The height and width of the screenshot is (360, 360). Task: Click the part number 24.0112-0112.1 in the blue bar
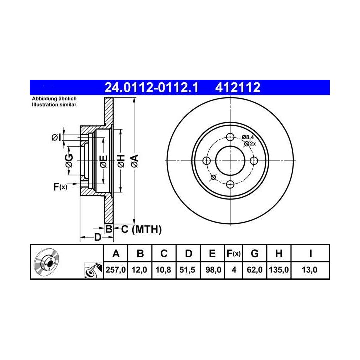[x=151, y=88]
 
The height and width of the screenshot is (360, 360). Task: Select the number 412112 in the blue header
[x=238, y=88]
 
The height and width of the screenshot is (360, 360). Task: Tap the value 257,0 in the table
[x=115, y=270]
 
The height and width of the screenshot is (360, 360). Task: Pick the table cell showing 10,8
[x=163, y=270]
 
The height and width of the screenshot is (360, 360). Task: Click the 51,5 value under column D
[x=187, y=270]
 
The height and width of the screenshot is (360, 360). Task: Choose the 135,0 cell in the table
[x=279, y=270]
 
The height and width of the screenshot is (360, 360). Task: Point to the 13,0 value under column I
[x=309, y=270]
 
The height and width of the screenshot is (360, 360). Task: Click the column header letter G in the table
[x=255, y=254]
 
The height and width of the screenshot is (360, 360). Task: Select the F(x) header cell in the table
[x=233, y=254]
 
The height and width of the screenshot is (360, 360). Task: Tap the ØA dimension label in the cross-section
[x=135, y=161]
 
